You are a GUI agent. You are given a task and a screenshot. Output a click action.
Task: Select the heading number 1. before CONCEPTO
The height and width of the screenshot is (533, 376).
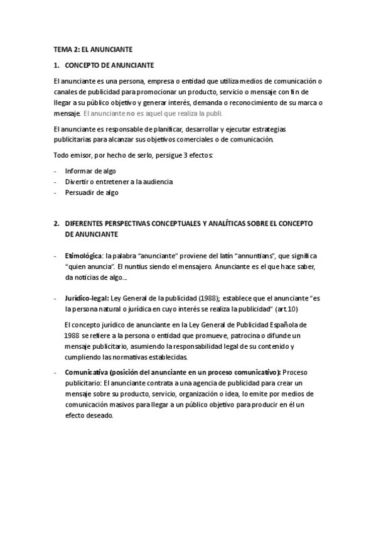click(56, 65)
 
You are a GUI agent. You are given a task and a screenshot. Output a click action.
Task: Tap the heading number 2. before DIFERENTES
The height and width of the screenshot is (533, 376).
click(56, 223)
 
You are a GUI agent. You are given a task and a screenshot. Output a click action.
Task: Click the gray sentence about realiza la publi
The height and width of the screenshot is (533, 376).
click(153, 113)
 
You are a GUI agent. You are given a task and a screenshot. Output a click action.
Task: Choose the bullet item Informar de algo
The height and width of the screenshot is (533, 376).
click(90, 171)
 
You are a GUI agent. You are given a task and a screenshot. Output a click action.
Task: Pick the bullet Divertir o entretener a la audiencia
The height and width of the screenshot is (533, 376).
click(119, 182)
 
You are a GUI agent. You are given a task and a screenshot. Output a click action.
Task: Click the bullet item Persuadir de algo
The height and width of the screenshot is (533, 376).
click(92, 192)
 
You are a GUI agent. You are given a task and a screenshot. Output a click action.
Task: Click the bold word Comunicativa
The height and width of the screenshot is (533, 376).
click(87, 372)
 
